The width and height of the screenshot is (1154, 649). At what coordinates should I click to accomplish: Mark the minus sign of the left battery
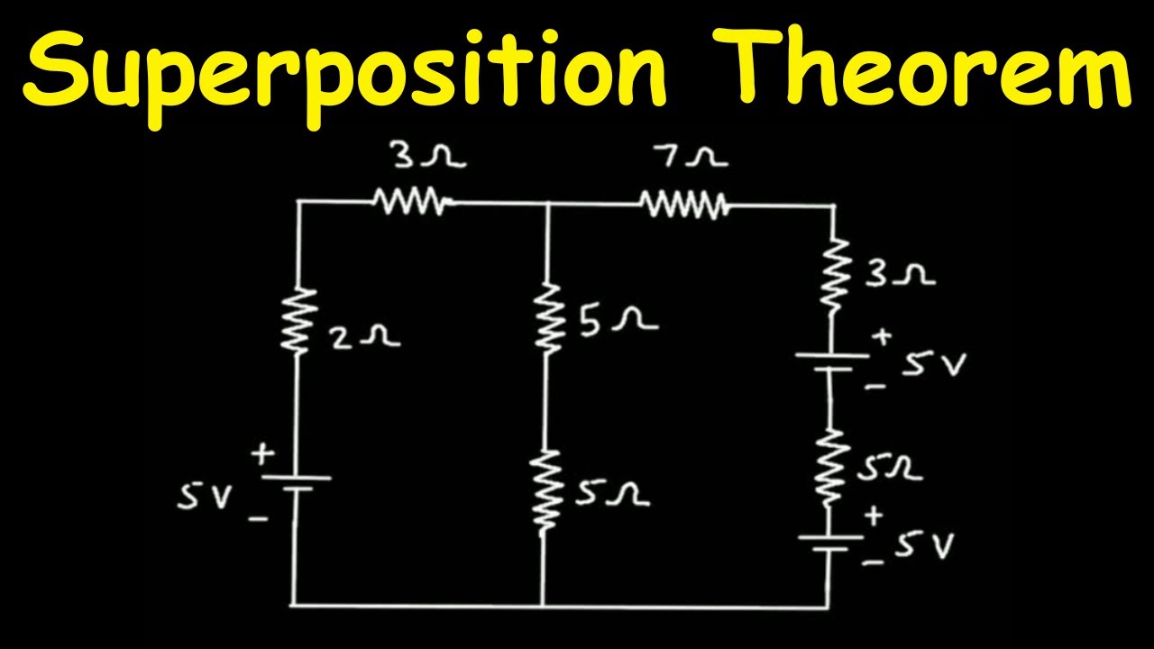(259, 520)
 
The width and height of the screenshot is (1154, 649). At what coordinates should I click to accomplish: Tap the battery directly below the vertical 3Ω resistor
(830, 361)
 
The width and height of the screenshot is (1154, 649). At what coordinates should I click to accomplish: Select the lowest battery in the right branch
(828, 544)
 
